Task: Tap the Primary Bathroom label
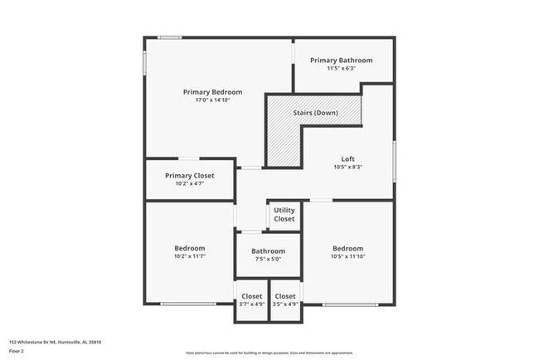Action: tap(341, 60)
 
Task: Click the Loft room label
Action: tap(348, 158)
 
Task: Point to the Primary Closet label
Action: tap(189, 175)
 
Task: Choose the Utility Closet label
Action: tap(284, 214)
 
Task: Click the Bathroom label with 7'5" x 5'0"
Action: tap(268, 251)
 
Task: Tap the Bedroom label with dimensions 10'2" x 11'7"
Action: tap(189, 248)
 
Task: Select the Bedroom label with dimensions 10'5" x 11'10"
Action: tap(347, 248)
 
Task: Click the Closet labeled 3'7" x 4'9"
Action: tap(251, 296)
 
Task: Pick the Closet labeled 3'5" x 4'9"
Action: tap(284, 296)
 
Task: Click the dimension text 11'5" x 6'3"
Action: tap(341, 69)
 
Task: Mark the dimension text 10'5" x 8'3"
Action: tap(348, 167)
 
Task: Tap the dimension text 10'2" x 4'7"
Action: tap(189, 183)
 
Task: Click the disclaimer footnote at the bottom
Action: tap(269, 353)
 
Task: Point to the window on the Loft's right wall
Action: tap(393, 158)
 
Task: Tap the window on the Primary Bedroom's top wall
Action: tap(170, 37)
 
